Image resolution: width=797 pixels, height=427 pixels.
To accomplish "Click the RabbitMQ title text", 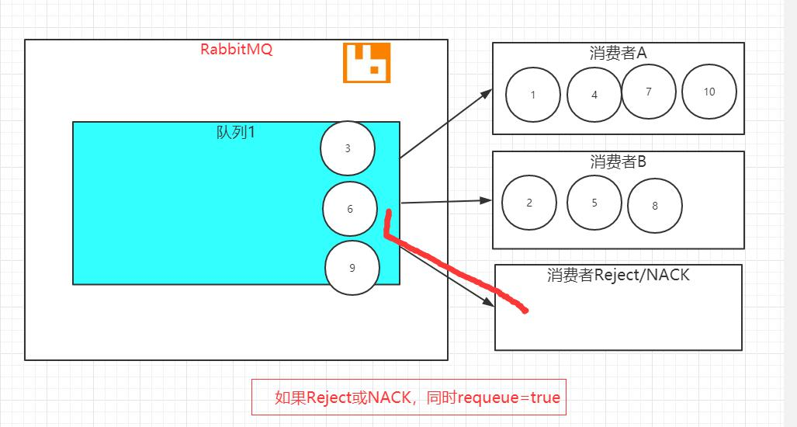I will click(237, 50).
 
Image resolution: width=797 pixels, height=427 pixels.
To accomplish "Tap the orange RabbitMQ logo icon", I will click(367, 63).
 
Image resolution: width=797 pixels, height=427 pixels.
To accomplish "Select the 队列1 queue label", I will click(236, 132).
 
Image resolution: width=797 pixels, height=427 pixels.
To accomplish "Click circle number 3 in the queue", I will click(348, 148).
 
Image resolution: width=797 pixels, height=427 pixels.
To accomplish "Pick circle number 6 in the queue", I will click(350, 209).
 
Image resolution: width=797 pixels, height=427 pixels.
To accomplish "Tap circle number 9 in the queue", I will click(352, 268).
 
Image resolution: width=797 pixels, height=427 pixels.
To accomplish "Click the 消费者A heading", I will click(618, 53).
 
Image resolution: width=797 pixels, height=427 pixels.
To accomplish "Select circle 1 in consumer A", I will click(533, 95).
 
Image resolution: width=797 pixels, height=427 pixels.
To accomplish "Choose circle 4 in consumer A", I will click(594, 95).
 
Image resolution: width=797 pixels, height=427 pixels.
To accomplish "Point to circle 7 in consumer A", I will click(649, 92).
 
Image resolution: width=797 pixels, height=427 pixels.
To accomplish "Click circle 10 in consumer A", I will click(709, 92).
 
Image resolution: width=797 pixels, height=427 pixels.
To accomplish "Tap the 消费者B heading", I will click(618, 161).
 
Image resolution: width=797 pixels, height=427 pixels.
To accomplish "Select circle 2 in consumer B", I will click(529, 203).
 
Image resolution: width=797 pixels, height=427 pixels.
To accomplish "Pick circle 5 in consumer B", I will click(594, 203).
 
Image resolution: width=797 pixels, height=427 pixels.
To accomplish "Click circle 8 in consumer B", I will click(655, 206).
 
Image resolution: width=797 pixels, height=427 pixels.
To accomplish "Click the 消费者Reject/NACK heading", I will click(618, 275).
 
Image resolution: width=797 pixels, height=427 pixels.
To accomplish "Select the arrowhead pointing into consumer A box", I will click(486, 94).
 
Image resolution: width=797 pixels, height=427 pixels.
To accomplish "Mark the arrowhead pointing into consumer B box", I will click(486, 200).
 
